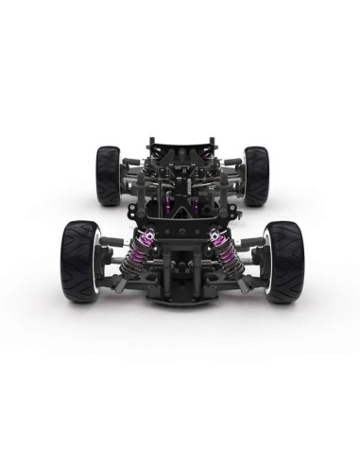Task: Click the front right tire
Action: pyautogui.click(x=283, y=260)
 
